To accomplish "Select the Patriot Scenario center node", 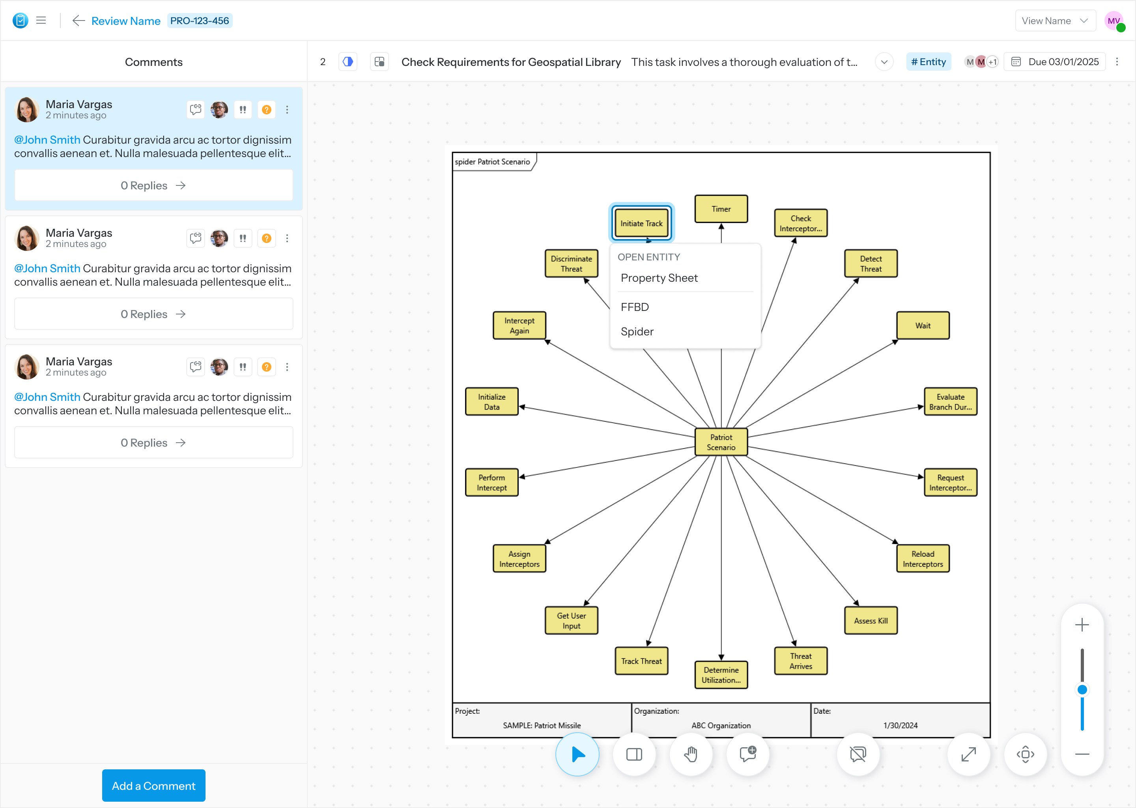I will tap(721, 442).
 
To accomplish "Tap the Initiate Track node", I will tap(641, 223).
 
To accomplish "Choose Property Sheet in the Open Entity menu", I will tap(659, 278).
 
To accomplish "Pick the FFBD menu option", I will tap(635, 307).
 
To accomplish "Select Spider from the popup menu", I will tap(637, 331).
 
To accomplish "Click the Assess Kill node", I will tap(871, 621).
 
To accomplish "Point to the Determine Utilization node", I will tap(721, 675).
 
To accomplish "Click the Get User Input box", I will tap(571, 621).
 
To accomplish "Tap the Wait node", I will tap(923, 325).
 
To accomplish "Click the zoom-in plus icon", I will tap(1082, 625).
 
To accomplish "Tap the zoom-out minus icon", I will tap(1082, 754).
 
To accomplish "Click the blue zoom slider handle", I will tap(1082, 690).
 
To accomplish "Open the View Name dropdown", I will tap(1055, 21).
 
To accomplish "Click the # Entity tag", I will tap(928, 62).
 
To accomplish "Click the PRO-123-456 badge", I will tap(200, 21).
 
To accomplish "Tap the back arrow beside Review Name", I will tap(78, 21).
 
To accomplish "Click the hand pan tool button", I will tap(691, 754).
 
